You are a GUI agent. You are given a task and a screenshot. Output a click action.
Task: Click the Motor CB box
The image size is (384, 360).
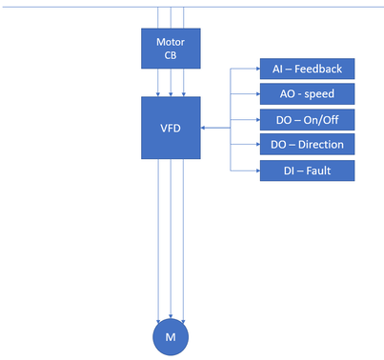pos(171,49)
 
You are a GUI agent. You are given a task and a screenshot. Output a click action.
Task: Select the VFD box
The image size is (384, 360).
pos(171,128)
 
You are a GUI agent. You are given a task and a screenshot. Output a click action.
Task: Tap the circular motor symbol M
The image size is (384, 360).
pos(171,337)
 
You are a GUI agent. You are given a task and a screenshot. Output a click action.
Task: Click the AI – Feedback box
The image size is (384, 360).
pos(307,69)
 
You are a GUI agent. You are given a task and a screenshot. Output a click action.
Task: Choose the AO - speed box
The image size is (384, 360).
pos(307,94)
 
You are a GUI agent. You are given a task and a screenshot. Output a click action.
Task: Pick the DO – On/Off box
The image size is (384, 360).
pos(307,120)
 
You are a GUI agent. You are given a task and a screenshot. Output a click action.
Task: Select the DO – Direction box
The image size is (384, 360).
pos(307,144)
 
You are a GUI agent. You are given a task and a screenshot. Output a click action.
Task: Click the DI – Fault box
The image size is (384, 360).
pos(307,170)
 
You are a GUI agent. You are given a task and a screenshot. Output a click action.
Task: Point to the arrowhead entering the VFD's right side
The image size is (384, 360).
pos(203,128)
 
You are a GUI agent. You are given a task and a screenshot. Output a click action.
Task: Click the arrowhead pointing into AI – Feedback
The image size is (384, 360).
pos(258,69)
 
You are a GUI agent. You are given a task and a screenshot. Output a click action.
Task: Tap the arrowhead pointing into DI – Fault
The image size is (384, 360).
pos(258,170)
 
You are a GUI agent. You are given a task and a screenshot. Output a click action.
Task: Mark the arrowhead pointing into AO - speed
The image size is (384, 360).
pos(258,94)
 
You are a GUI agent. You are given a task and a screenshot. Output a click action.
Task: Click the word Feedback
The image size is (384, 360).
pos(318,69)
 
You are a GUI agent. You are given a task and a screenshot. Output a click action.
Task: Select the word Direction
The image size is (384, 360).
pos(321,145)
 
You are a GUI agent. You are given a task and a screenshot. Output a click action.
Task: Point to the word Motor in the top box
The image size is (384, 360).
pos(171,42)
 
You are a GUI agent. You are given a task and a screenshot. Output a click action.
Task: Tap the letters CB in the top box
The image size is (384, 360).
pos(171,55)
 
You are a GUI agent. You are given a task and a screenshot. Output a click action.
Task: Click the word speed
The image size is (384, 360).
pos(319,94)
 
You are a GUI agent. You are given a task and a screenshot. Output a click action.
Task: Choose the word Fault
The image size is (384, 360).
pos(318,170)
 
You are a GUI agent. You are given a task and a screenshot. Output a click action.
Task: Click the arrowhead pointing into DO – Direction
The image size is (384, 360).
pos(258,145)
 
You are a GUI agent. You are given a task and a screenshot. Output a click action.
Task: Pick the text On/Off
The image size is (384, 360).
pos(321,120)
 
